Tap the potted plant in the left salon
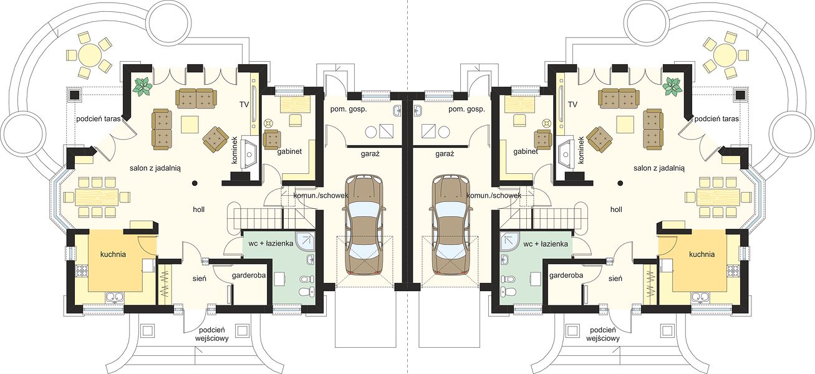click(x=142, y=87)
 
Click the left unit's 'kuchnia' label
click(x=113, y=254)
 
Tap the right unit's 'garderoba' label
click(x=566, y=276)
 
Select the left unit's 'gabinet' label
click(x=289, y=151)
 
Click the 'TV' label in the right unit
click(x=572, y=105)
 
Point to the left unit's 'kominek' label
click(x=234, y=150)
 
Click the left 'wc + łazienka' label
click(x=271, y=243)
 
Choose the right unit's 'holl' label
click(x=616, y=209)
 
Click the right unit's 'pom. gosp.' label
click(x=466, y=109)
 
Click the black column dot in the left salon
click(x=195, y=183)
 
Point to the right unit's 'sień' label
click(x=615, y=279)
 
